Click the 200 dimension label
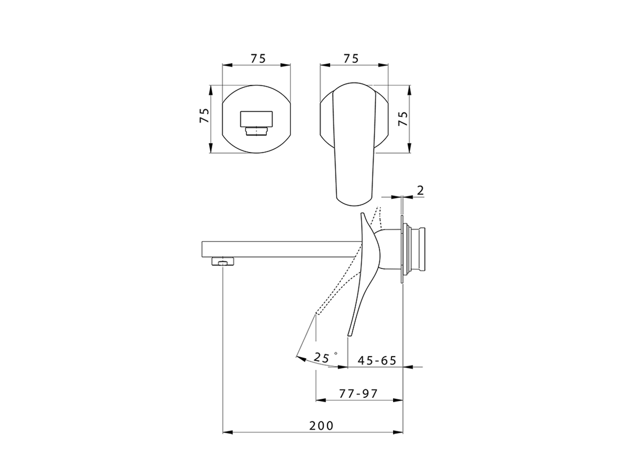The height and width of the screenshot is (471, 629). (321, 425)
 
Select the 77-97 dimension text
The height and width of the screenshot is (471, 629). (358, 393)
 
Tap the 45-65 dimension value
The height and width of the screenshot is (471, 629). (377, 361)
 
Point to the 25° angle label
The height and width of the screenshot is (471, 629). (323, 358)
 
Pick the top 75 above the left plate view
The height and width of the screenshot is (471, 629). (257, 58)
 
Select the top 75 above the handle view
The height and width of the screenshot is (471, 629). (350, 58)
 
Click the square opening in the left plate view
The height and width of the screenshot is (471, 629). (256, 118)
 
